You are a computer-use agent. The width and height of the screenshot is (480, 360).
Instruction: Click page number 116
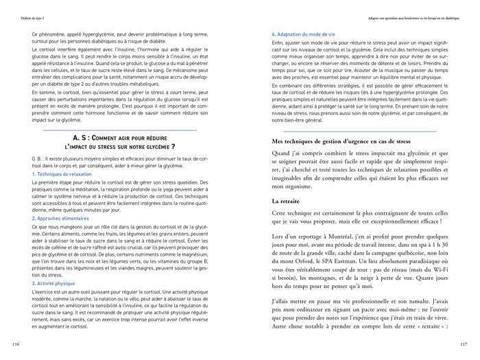(x=15, y=344)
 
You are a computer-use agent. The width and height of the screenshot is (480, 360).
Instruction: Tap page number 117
(x=464, y=344)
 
